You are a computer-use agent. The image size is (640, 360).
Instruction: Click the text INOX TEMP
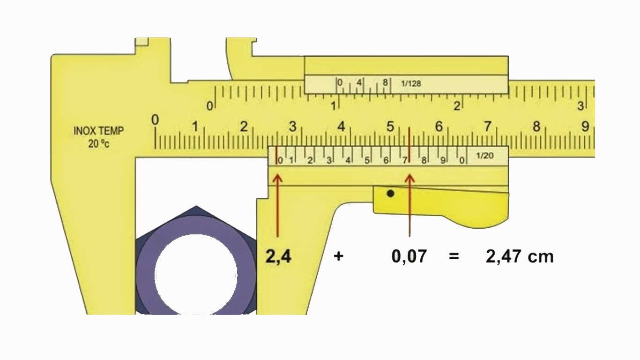(98, 131)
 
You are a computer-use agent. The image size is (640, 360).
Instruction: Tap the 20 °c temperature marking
(98, 144)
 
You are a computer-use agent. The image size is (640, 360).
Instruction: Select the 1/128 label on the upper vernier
(411, 84)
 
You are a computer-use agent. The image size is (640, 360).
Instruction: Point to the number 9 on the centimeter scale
(585, 126)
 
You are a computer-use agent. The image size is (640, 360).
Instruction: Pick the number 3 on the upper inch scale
(581, 106)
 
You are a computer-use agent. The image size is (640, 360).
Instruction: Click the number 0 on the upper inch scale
(209, 106)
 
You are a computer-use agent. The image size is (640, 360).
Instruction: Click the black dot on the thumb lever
(390, 193)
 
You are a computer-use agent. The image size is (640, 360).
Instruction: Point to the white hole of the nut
(196, 274)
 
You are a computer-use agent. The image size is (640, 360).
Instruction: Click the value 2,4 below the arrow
(278, 256)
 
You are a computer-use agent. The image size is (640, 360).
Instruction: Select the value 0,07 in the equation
(409, 256)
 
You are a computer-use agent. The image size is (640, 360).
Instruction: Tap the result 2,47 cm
(519, 256)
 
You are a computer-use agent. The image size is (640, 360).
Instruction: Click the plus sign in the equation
(338, 256)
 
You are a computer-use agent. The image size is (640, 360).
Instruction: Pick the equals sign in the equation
(454, 256)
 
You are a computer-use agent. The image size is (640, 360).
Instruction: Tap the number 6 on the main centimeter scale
(439, 127)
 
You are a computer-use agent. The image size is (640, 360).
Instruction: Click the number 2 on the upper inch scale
(457, 106)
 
